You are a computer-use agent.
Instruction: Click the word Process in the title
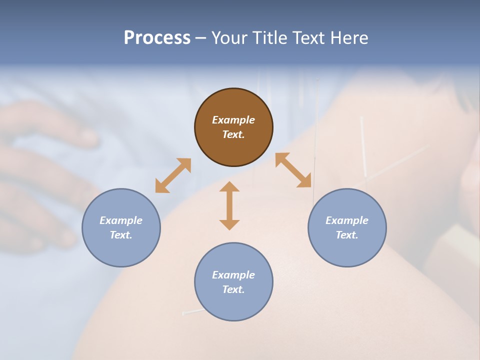point(157,38)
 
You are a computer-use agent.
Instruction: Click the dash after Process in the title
point(200,38)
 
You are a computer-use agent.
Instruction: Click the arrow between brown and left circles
point(173,175)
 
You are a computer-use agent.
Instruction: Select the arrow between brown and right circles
point(293,170)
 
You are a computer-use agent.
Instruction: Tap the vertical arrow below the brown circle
point(229,205)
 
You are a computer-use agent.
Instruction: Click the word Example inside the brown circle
point(233,120)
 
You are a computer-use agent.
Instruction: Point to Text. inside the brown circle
point(233,134)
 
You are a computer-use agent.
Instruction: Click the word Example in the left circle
point(121,220)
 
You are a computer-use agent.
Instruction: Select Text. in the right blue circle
point(347,235)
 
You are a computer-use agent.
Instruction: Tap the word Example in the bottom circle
point(233,275)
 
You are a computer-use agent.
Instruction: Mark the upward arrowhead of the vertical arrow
point(229,186)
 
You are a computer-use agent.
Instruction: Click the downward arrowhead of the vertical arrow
point(229,224)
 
